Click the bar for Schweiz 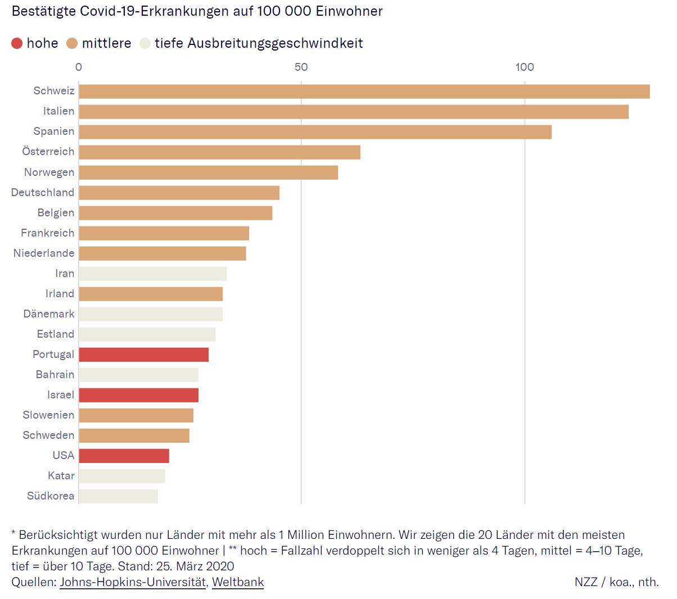(364, 92)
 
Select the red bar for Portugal (144, 355)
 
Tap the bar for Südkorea (119, 496)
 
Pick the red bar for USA (124, 456)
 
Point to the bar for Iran (153, 274)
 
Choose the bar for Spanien (315, 132)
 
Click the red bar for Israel (139, 395)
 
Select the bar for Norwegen (209, 173)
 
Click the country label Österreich (48, 152)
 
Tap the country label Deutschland (43, 193)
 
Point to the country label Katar (61, 476)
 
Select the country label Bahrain (55, 375)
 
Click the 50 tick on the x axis (301, 67)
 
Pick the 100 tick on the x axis (525, 67)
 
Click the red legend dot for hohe (17, 43)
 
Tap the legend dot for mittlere (72, 43)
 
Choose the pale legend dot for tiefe (145, 43)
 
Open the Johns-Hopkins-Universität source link (133, 582)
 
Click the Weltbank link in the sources (238, 582)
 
